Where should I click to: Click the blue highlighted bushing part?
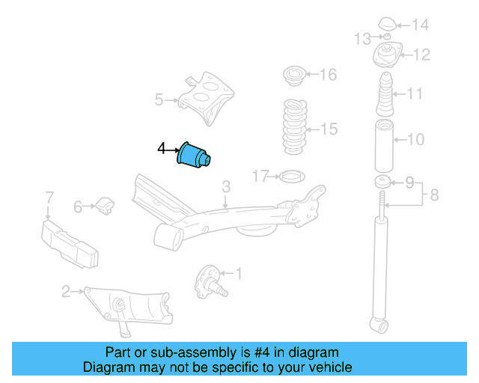coord(195,154)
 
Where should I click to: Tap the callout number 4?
coord(161,150)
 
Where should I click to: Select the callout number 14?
coord(421,25)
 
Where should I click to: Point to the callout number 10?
coord(416,138)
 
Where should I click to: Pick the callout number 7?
coord(49,197)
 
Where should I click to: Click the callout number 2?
coord(66,291)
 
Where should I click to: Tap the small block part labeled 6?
coord(105,204)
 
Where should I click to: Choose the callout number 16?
coord(328,75)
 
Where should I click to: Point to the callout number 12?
coord(421,54)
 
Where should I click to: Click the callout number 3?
coord(226,185)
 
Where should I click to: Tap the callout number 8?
coord(434,197)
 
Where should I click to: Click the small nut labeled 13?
coord(379,38)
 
